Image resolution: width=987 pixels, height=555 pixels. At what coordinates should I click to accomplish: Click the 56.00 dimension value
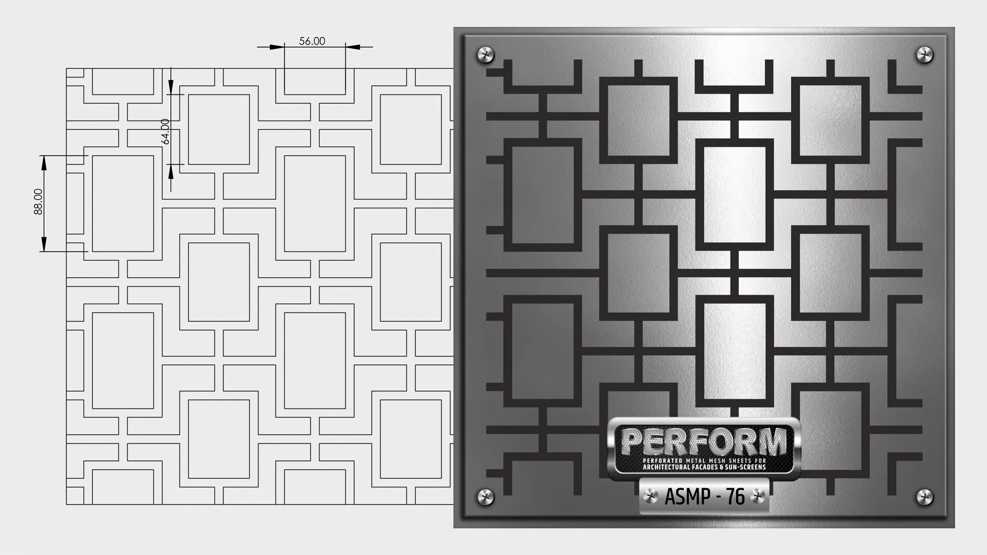coord(312,41)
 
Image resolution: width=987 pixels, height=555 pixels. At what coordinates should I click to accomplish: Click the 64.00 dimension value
coord(165,132)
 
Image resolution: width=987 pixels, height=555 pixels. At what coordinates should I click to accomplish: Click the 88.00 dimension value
coord(39,201)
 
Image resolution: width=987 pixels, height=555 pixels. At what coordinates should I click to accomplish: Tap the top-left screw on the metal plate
coord(485,53)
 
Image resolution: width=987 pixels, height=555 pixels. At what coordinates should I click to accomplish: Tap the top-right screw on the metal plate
coord(924,53)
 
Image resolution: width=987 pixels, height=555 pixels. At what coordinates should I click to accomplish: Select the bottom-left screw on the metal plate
coord(485,496)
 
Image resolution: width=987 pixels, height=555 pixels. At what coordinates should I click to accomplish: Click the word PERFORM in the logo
coord(704,441)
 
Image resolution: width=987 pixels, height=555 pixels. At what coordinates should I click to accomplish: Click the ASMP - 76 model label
coord(704,497)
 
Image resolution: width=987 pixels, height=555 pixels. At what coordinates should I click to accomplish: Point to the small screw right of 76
coord(756,497)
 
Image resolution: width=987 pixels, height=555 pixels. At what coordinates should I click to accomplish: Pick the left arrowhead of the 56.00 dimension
coord(278,47)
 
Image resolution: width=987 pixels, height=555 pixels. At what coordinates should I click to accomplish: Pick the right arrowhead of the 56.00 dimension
coord(352,47)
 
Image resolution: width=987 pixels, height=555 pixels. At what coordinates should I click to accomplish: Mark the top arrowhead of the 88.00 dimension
coord(44,162)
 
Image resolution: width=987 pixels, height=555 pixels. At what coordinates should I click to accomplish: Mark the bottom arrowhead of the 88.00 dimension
coord(44,245)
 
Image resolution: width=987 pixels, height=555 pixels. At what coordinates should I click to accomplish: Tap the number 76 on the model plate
coord(735,497)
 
